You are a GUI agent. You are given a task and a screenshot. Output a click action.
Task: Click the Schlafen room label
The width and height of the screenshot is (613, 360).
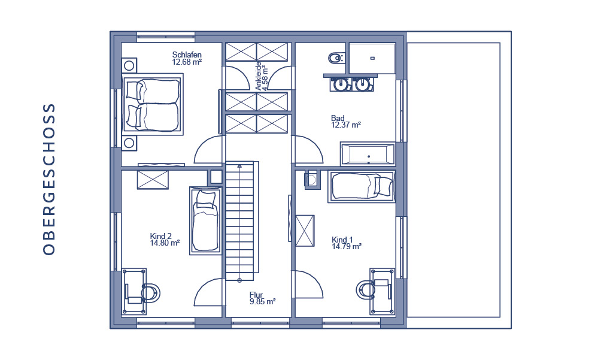(187, 55)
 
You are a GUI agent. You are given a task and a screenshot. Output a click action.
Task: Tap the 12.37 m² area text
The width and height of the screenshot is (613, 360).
(346, 125)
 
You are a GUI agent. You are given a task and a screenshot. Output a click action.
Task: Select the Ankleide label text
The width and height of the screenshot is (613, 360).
(259, 76)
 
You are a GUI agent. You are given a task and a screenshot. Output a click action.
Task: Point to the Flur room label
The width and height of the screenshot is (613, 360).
(256, 295)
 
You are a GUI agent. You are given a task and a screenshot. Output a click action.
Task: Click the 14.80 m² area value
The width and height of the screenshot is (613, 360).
(165, 243)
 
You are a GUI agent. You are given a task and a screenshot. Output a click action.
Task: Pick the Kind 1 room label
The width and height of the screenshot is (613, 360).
(342, 240)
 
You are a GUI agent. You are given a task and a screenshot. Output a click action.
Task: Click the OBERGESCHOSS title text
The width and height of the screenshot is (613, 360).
(49, 179)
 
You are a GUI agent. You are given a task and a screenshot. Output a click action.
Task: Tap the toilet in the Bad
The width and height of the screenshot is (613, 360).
(336, 58)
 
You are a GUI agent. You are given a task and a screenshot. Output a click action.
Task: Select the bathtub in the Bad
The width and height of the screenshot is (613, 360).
(368, 154)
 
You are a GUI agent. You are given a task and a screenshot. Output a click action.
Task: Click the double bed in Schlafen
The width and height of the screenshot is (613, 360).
(153, 105)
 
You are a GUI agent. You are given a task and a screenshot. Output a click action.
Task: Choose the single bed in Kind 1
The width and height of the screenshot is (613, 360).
(362, 186)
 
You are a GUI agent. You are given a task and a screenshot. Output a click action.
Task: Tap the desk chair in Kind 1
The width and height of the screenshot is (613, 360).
(366, 290)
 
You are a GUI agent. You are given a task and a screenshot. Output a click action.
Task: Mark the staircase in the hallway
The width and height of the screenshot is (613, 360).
(239, 221)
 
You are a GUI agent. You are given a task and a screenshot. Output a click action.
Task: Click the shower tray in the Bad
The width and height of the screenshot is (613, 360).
(372, 58)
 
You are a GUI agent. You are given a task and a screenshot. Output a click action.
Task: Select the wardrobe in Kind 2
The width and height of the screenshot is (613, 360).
(153, 180)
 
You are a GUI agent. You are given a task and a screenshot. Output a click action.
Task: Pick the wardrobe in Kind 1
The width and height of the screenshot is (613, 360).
(305, 231)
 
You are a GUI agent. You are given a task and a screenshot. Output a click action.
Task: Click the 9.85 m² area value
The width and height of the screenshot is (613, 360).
(263, 302)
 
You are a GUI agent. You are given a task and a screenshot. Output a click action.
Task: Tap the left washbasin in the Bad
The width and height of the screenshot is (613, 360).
(341, 84)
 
